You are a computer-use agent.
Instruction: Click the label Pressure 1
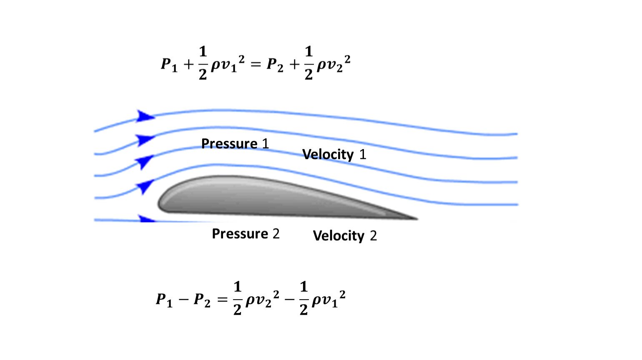pyautogui.click(x=235, y=143)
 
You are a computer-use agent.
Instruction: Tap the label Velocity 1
pyautogui.click(x=334, y=155)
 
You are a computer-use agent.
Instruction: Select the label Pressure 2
pyautogui.click(x=246, y=234)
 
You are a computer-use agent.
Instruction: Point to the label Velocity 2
pyautogui.click(x=345, y=236)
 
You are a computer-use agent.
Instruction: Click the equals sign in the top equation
pyautogui.click(x=256, y=65)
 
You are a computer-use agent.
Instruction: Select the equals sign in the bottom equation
pyautogui.click(x=222, y=300)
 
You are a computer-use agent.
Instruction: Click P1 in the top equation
pyautogui.click(x=169, y=65)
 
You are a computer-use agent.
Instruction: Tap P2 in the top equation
pyautogui.click(x=275, y=65)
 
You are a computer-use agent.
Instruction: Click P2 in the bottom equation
pyautogui.click(x=202, y=300)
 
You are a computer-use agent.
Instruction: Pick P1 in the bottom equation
pyautogui.click(x=164, y=300)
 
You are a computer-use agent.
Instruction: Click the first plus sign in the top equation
pyautogui.click(x=188, y=65)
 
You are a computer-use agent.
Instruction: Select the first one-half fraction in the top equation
pyautogui.click(x=203, y=63)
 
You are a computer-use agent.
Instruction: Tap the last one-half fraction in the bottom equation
pyautogui.click(x=303, y=298)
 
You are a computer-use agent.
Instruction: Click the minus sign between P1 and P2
pyautogui.click(x=183, y=300)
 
